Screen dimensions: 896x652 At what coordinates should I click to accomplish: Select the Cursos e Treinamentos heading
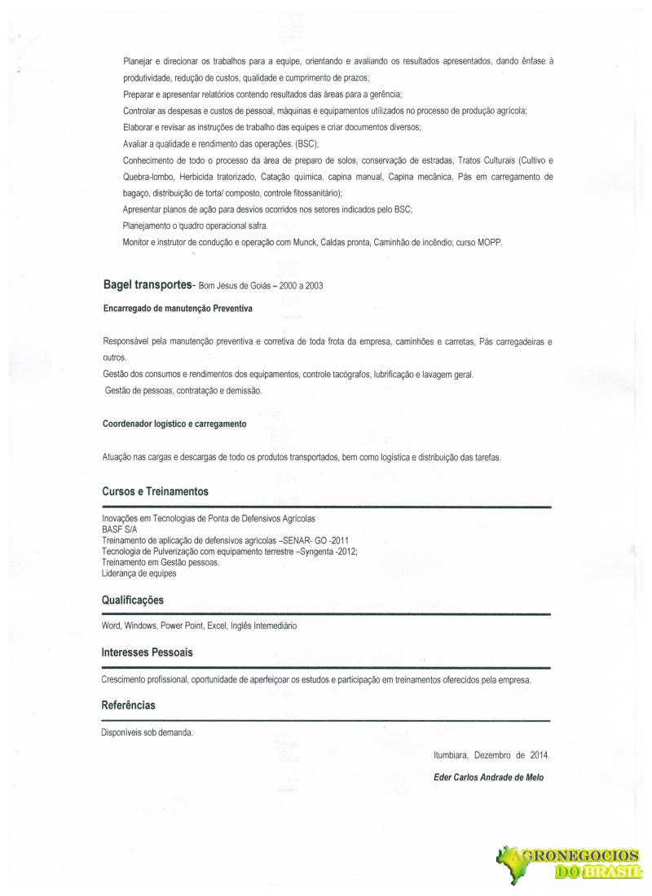tap(155, 492)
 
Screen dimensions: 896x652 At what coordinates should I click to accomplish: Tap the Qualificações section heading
tap(133, 600)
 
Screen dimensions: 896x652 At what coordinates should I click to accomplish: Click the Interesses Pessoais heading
tap(147, 653)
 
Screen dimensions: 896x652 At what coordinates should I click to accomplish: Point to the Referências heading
tap(128, 705)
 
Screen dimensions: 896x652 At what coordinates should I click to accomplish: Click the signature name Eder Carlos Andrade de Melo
tap(488, 777)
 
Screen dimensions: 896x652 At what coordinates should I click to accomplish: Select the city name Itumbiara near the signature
tap(451, 755)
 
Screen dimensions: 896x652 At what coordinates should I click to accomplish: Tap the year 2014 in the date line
tap(540, 755)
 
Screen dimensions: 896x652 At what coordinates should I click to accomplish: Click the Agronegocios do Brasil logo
tap(570, 863)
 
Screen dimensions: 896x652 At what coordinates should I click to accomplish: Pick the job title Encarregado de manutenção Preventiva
tap(178, 310)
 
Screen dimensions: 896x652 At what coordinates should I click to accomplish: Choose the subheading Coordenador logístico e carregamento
tap(174, 424)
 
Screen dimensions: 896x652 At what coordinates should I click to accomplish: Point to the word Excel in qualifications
tap(217, 626)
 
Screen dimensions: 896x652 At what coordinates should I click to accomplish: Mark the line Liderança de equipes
tap(139, 573)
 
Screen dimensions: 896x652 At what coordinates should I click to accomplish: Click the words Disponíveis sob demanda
tap(147, 732)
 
